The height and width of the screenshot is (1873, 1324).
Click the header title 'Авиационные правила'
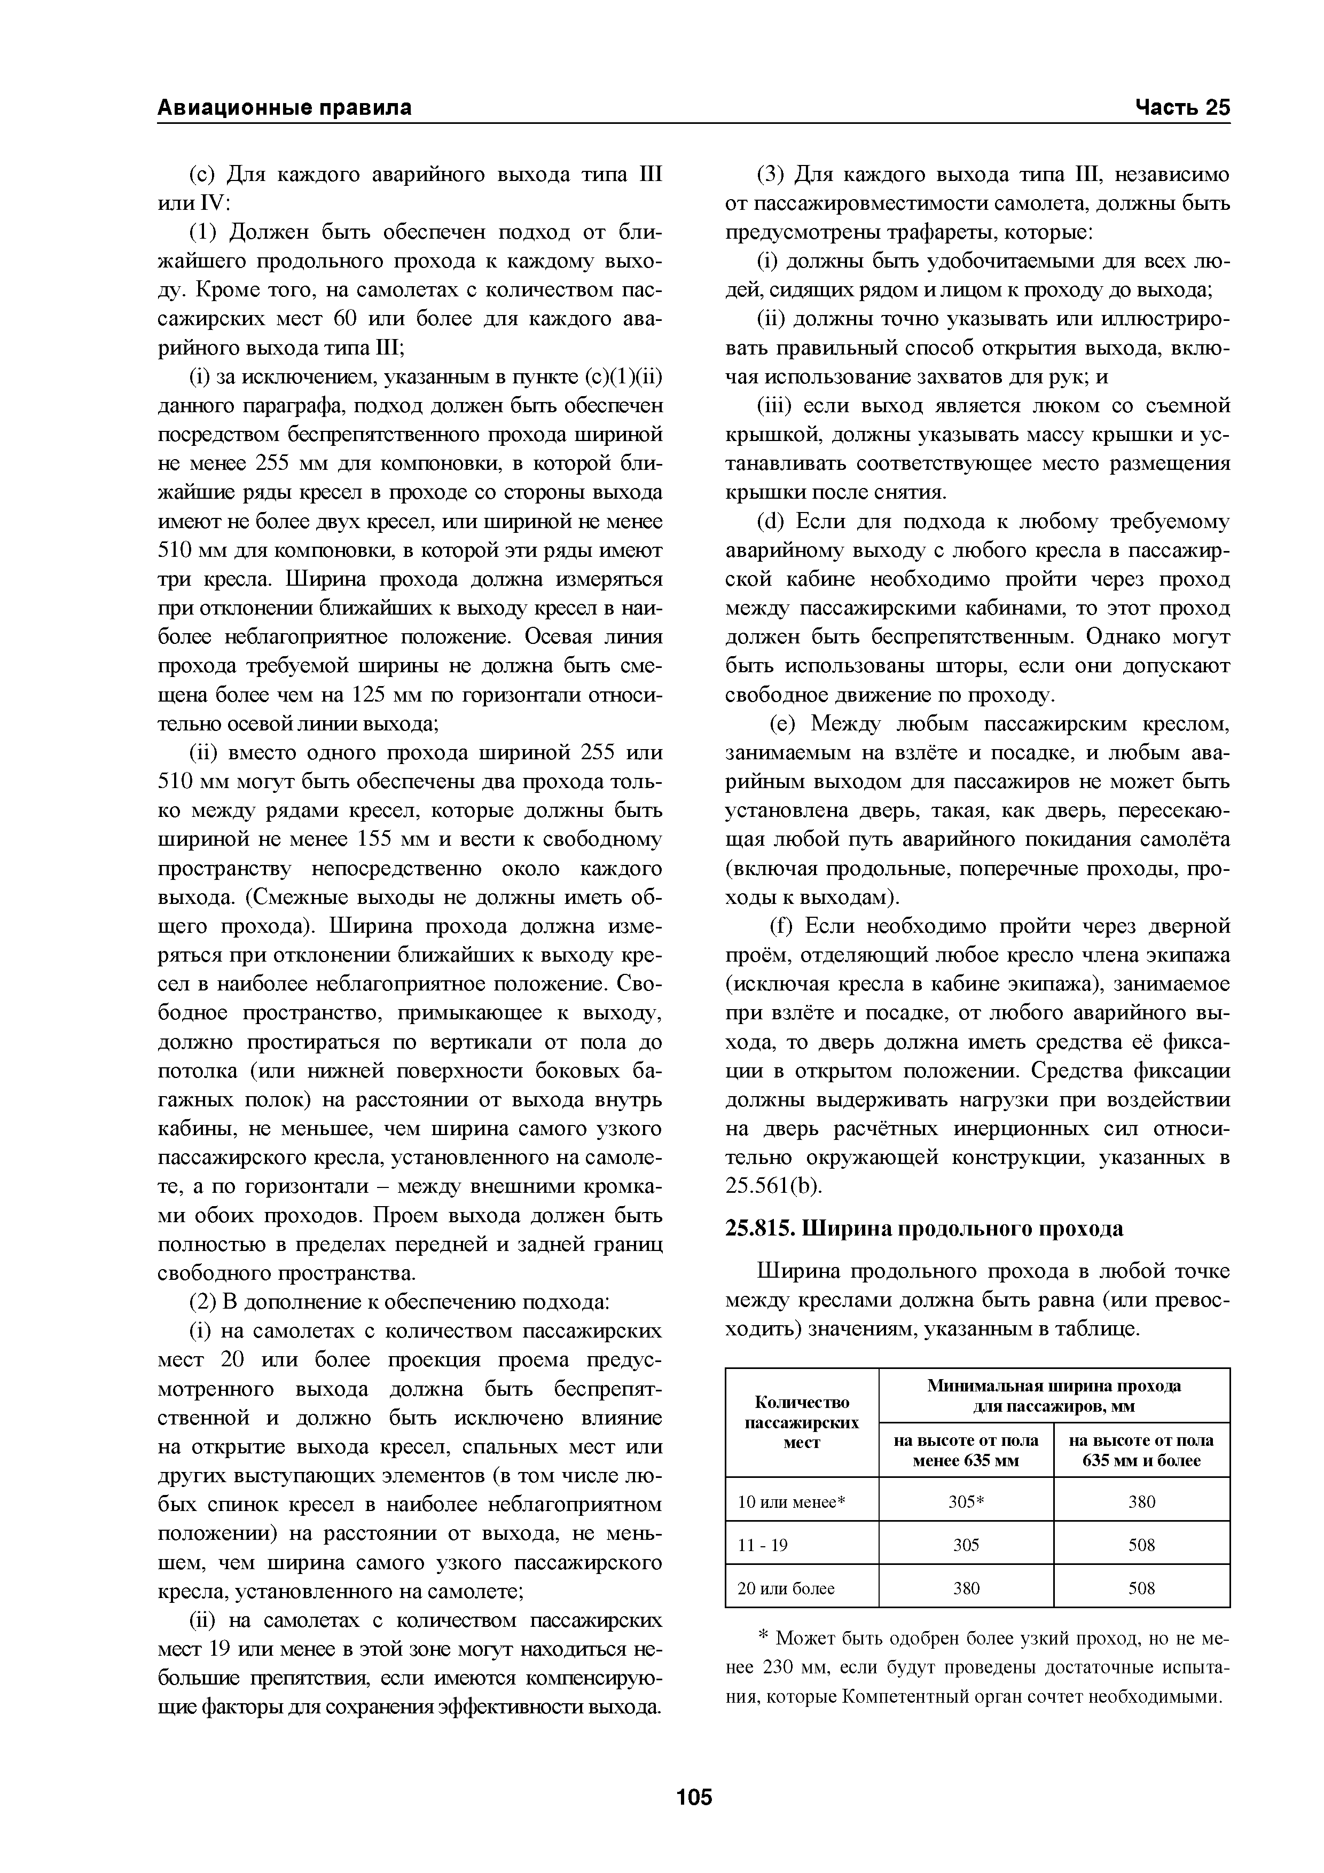[x=284, y=108]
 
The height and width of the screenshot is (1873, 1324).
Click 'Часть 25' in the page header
[x=1181, y=108]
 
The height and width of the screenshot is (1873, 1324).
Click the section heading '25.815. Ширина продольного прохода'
[x=925, y=1229]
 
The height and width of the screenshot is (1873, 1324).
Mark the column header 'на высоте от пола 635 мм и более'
[x=1141, y=1450]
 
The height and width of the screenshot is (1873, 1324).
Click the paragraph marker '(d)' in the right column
[x=772, y=521]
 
